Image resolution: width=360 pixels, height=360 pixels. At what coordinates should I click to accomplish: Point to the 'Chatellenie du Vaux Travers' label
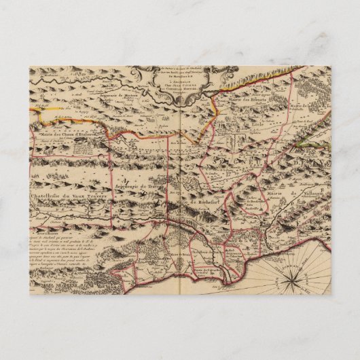click(70, 196)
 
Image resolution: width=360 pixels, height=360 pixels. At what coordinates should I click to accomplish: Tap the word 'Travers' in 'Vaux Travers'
click(99, 196)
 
